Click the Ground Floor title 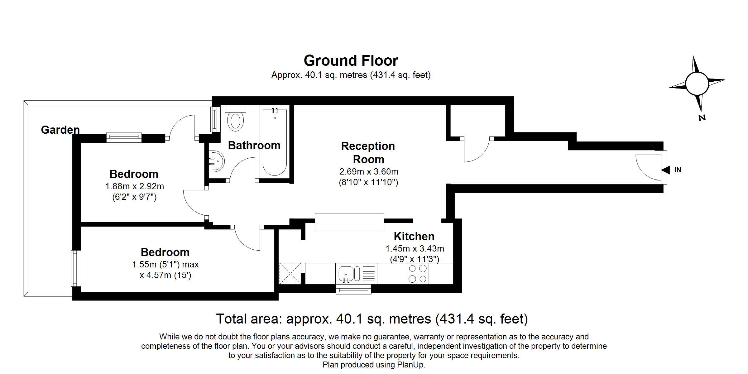coord(351,61)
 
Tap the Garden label coord(60,130)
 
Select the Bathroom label coord(254,146)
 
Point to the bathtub coord(275,142)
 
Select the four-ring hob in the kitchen coord(418,273)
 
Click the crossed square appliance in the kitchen coord(290,274)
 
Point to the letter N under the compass coord(702,117)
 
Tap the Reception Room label coord(368,153)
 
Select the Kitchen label coord(414,237)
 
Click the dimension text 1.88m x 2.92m coord(135,186)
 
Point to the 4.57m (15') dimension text coord(165,275)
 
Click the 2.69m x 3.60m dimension coord(369,172)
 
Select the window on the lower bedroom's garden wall coord(75,268)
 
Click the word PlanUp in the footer coord(410,365)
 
